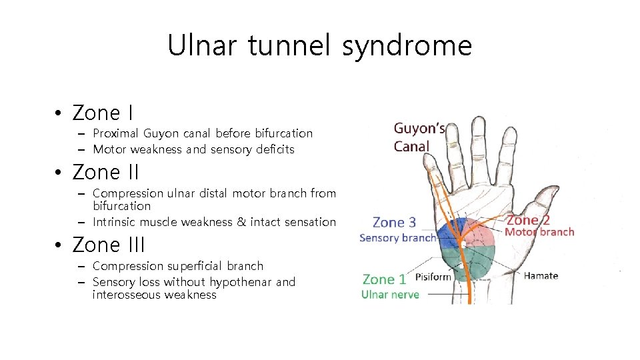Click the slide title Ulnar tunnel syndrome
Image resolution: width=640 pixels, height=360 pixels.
click(x=319, y=46)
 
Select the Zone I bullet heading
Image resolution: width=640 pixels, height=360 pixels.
click(x=103, y=113)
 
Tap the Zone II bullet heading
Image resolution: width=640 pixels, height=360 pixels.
click(x=106, y=172)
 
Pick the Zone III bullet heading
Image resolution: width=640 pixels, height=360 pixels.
click(x=109, y=245)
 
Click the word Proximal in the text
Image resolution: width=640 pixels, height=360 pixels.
click(x=116, y=133)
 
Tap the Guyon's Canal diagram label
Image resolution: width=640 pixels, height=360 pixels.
click(x=419, y=137)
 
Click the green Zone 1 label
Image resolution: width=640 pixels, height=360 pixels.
click(x=384, y=279)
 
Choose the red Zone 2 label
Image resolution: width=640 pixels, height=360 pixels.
click(x=528, y=219)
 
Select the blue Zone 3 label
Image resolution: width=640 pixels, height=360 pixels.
click(x=394, y=222)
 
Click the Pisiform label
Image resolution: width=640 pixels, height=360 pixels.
click(x=433, y=277)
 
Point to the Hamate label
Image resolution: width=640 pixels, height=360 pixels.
click(x=541, y=275)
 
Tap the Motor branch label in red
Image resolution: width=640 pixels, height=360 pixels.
click(x=539, y=232)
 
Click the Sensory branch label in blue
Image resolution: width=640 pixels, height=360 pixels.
click(x=397, y=237)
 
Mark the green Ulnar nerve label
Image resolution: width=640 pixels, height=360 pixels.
click(x=390, y=294)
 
